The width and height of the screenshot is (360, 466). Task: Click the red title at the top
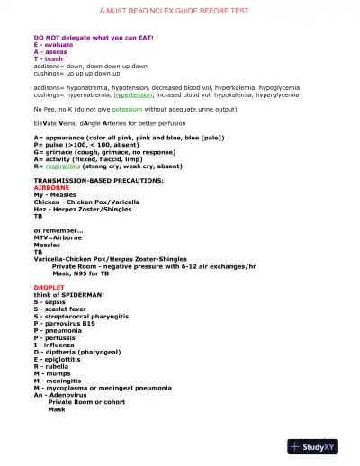(179, 10)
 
